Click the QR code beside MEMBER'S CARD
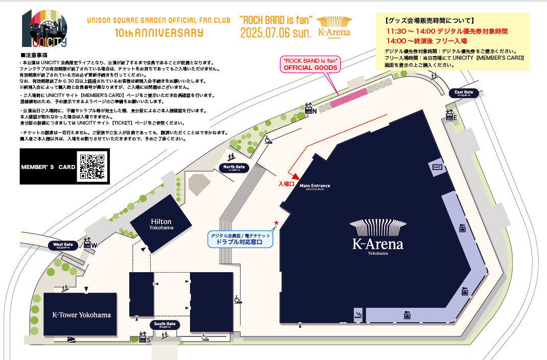pos(93,166)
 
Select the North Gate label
pos(234,167)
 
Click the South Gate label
pos(164,325)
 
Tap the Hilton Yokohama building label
pos(161,224)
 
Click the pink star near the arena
pos(276,223)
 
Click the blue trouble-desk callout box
pos(240,239)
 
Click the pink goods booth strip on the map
pos(348,99)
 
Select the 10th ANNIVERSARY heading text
pos(159,33)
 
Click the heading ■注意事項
pos(34,55)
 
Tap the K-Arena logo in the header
pos(334,28)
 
